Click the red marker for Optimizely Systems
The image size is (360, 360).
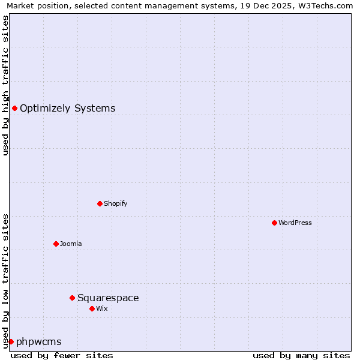pyautogui.click(x=14, y=108)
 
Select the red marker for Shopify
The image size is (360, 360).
pyautogui.click(x=100, y=203)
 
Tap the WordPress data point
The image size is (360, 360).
pyautogui.click(x=274, y=223)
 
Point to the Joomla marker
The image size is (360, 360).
pyautogui.click(x=56, y=244)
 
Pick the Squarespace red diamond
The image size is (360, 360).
pyautogui.click(x=72, y=298)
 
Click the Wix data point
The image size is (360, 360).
pyautogui.click(x=92, y=308)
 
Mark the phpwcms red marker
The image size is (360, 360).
pyautogui.click(x=11, y=341)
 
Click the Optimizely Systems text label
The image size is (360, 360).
pyautogui.click(x=67, y=109)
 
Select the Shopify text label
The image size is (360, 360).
pyautogui.click(x=115, y=204)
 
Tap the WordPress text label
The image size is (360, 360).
pyautogui.click(x=295, y=223)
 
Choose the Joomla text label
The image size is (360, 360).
pyautogui.click(x=71, y=244)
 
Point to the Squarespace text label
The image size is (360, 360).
pyautogui.click(x=108, y=298)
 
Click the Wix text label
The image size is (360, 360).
pyautogui.click(x=101, y=309)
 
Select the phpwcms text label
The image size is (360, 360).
pyautogui.click(x=39, y=342)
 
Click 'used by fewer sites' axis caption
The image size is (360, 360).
pyautogui.click(x=62, y=355)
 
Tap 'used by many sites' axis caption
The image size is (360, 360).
pyautogui.click(x=301, y=355)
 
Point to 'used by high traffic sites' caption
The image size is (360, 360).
pyautogui.click(x=6, y=85)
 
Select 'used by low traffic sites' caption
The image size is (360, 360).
pyautogui.click(x=6, y=281)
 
